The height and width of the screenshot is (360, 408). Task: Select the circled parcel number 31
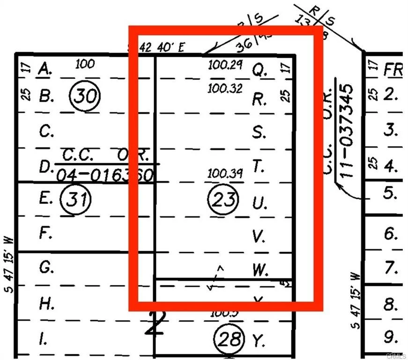click(x=76, y=200)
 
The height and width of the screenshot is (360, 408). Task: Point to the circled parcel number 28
click(x=229, y=338)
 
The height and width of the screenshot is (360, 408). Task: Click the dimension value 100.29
click(x=225, y=66)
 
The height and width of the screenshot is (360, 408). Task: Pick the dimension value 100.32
click(x=225, y=88)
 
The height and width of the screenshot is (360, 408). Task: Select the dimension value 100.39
click(x=225, y=174)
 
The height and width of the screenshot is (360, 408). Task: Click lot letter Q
click(x=259, y=70)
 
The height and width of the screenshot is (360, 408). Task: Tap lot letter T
click(x=258, y=166)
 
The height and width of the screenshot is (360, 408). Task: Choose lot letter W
click(x=260, y=270)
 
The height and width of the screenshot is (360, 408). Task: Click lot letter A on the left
click(x=45, y=69)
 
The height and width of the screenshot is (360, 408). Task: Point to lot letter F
click(x=45, y=233)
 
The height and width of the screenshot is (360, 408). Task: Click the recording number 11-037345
click(x=347, y=130)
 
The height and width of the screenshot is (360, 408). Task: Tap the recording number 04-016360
click(x=105, y=176)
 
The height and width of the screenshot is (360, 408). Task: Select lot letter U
click(x=259, y=203)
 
